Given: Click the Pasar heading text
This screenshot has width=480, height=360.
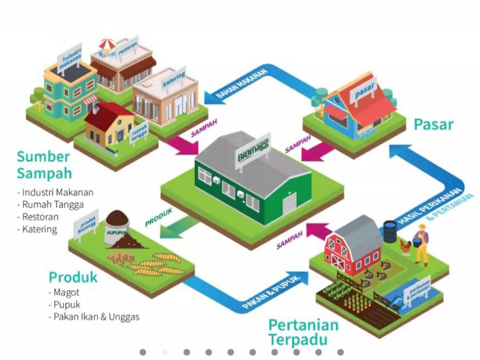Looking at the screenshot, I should click(433, 124).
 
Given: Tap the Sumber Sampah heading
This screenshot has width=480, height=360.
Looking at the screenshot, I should click(44, 165).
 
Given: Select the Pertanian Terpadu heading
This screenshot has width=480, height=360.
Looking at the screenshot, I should click(303, 331).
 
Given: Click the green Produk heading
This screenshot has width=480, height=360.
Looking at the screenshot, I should click(73, 277).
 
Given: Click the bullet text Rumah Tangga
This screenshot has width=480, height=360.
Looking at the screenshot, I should click(53, 205).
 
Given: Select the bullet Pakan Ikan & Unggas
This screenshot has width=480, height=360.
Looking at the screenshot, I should click(96, 317).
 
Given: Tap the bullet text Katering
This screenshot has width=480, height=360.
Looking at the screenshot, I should click(40, 229).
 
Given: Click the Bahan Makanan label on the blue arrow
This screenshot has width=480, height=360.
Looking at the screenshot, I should click(242, 83).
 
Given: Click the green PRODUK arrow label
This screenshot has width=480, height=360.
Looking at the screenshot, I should click(159, 217).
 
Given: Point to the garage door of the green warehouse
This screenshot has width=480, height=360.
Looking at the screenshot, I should click(289, 205).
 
